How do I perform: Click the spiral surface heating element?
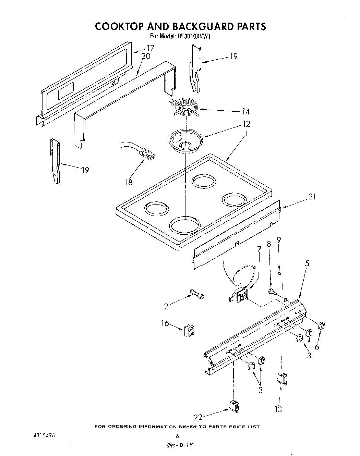point(185,109)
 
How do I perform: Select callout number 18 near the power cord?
point(129,182)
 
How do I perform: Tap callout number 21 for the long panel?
point(312,197)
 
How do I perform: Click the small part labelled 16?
point(190,331)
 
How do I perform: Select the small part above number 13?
point(282,379)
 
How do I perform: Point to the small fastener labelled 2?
point(197,294)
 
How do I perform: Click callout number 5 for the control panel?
point(307,263)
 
